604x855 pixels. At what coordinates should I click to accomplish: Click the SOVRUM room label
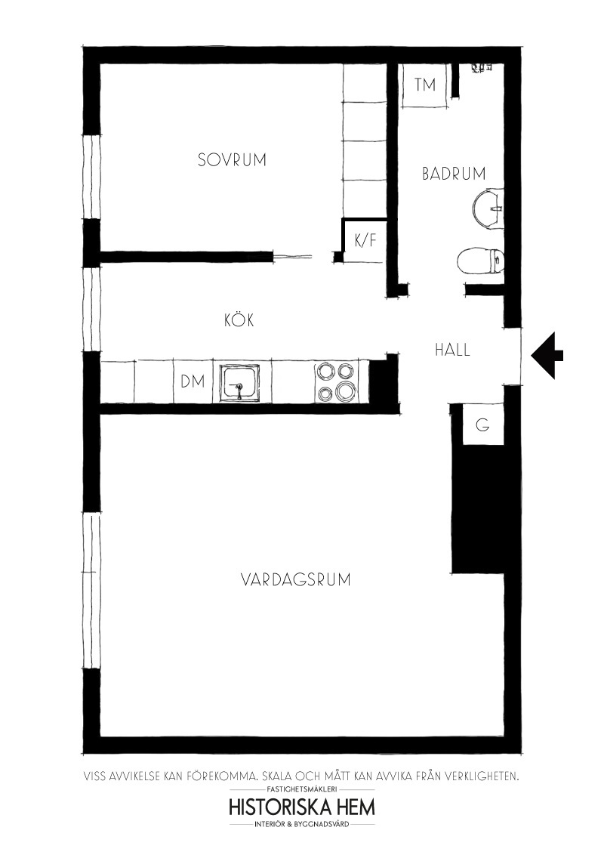coord(232,160)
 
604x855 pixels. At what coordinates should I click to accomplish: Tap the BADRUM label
coord(454,174)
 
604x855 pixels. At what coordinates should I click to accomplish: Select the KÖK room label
coord(239,319)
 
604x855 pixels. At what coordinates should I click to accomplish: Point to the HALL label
coord(452,350)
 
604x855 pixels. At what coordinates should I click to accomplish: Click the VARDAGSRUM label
coord(295,579)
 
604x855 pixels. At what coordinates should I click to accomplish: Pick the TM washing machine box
coord(426,85)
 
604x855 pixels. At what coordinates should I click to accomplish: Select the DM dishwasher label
coord(193,381)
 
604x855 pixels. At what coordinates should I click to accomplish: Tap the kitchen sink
coord(239,383)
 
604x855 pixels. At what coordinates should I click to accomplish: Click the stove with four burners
coord(336,381)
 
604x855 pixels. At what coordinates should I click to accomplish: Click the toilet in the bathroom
coord(479,261)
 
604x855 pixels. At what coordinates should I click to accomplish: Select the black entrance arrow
coord(547,356)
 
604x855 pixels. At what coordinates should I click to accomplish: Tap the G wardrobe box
coord(483,424)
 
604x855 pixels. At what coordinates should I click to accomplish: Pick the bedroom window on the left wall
coord(91,177)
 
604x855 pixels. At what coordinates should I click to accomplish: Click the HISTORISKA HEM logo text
coord(302,807)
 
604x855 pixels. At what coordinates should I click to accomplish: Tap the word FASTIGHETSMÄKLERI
coord(302,789)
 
